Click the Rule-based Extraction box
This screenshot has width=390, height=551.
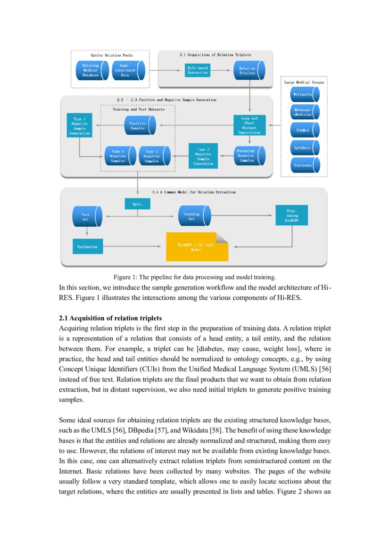click(x=197, y=71)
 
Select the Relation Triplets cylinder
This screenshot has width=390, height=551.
click(x=249, y=71)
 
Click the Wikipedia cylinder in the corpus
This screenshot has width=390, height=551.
click(x=304, y=94)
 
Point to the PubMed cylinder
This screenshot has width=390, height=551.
click(x=304, y=130)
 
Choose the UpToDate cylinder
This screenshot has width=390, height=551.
click(x=304, y=148)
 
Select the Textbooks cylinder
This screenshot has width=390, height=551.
click(x=304, y=165)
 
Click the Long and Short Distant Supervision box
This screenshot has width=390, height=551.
click(x=249, y=125)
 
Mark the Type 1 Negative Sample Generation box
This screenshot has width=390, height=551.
click(x=79, y=125)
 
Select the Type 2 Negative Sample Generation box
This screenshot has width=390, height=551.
click(x=203, y=156)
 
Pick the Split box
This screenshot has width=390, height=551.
click(x=137, y=204)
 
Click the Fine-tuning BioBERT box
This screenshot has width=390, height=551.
click(x=292, y=215)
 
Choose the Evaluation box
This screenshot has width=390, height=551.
click(x=87, y=247)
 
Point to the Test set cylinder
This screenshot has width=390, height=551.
click(x=87, y=216)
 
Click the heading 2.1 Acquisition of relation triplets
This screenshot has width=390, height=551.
click(x=110, y=318)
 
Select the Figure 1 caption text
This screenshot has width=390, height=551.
click(x=194, y=277)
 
